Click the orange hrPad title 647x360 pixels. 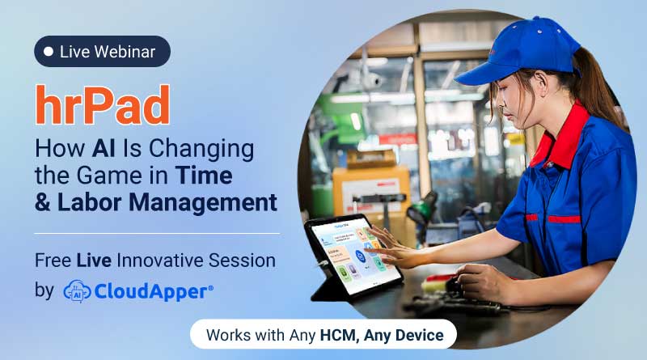click(x=102, y=104)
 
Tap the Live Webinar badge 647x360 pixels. click(x=102, y=52)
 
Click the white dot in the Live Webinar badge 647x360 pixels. click(x=49, y=52)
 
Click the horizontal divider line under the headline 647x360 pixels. click(x=157, y=233)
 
